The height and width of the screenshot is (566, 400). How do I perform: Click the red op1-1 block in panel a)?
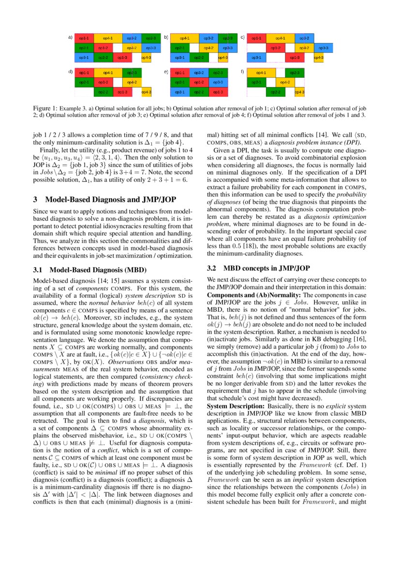pos(84,38)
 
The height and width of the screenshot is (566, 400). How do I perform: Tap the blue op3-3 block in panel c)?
pos(325,48)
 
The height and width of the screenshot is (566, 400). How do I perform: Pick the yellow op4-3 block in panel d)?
pos(146,92)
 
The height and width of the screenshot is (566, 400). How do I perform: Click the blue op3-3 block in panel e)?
pos(218,82)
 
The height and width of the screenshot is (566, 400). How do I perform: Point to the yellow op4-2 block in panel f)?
pos(285,82)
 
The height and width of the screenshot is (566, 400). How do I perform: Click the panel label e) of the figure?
pos(166,72)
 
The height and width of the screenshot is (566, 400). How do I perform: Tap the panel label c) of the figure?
pos(242,37)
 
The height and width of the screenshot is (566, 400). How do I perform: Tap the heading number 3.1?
pos(38,270)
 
